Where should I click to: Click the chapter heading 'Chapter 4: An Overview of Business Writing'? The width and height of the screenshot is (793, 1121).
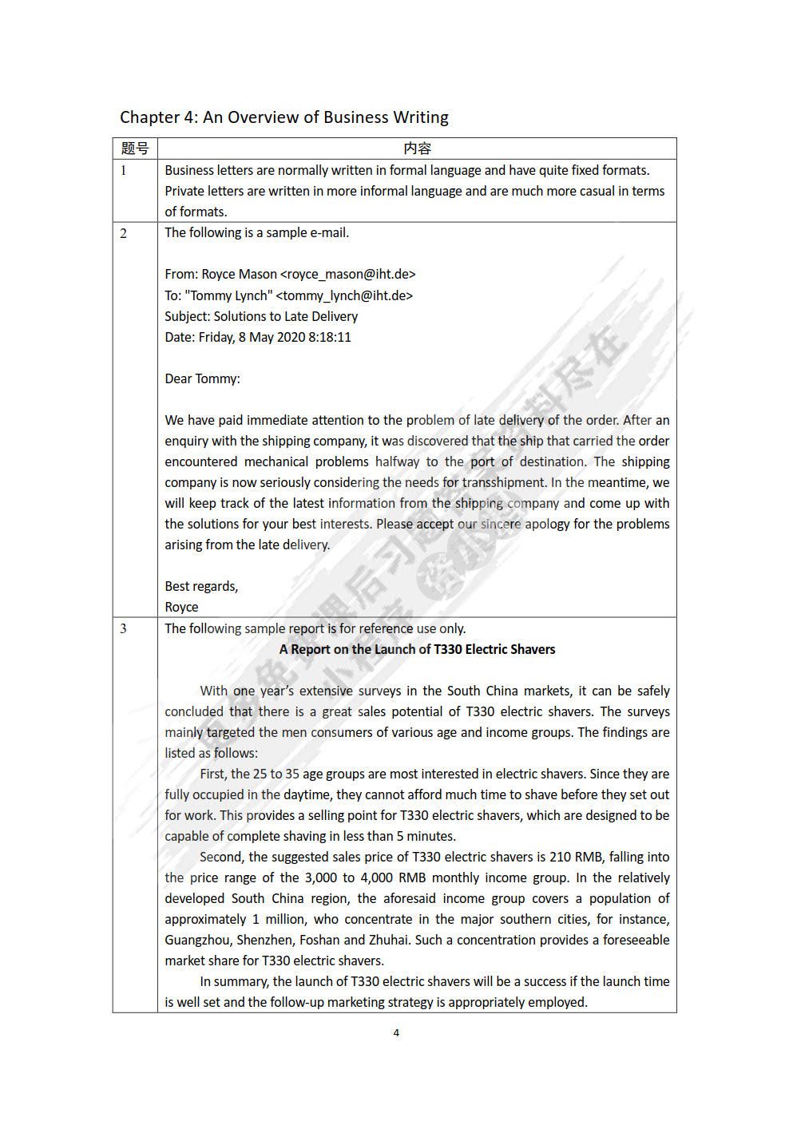coord(283,117)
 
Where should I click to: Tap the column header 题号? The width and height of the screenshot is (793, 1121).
coord(134,149)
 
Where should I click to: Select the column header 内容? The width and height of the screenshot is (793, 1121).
coord(417,149)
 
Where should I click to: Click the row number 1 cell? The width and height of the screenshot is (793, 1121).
coord(124,170)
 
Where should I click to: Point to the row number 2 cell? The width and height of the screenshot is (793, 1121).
coord(124,233)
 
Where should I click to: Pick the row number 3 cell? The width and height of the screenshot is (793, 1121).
coord(124,628)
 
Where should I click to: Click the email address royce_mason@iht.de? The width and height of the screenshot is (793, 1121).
coord(348,275)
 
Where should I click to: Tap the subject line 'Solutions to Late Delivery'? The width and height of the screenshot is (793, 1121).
coord(285,316)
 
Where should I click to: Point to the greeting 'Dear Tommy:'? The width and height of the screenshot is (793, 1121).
coord(202,378)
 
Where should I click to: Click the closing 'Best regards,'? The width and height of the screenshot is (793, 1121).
coord(201,586)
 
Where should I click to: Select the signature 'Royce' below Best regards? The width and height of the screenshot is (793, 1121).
coord(181,607)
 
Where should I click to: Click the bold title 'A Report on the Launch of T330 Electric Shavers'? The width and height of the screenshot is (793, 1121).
coord(417,649)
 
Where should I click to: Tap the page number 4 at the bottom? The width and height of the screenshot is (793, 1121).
coord(396,1032)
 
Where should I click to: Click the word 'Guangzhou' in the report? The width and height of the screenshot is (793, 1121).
coord(196,940)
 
